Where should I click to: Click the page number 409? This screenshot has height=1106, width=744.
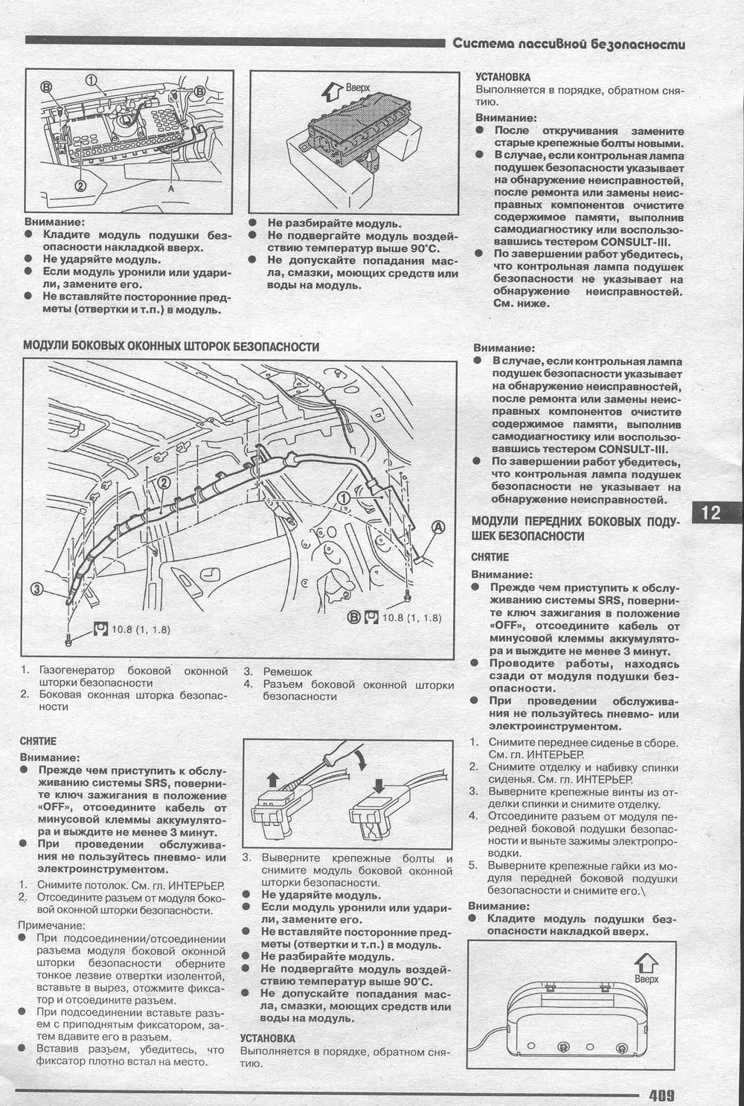[x=661, y=1095]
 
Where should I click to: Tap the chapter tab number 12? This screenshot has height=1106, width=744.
[x=711, y=512]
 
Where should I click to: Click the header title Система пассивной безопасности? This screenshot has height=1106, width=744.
[x=569, y=45]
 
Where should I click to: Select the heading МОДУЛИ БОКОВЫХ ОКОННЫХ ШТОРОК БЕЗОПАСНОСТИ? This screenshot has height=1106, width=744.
[x=171, y=347]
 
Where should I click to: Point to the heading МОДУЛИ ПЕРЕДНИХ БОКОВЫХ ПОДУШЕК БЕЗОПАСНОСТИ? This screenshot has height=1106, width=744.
[x=575, y=529]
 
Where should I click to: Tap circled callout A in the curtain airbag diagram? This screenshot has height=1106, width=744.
[x=438, y=527]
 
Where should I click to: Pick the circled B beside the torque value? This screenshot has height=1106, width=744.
[x=354, y=617]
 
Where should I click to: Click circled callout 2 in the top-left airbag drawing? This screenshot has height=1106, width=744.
[x=80, y=185]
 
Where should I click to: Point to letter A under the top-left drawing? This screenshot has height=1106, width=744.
[x=171, y=190]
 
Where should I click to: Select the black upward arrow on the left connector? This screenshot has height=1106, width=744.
[x=272, y=779]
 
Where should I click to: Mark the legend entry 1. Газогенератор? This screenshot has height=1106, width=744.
[x=123, y=676]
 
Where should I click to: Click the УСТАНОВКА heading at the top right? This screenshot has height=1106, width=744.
[x=503, y=77]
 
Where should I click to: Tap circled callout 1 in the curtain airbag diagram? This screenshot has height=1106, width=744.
[x=344, y=497]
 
